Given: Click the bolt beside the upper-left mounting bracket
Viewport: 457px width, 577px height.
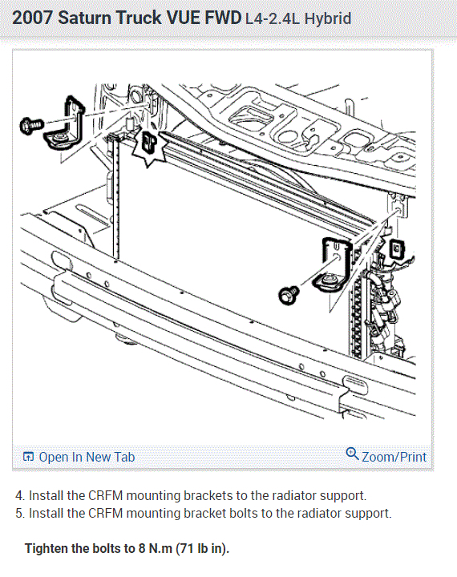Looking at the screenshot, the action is point(31,126).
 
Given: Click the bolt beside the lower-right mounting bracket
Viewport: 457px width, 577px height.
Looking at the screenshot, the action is point(289,295).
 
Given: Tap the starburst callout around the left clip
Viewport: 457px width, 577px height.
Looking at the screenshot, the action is point(149,145).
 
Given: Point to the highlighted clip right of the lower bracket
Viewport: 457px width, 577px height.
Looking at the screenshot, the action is point(397,248).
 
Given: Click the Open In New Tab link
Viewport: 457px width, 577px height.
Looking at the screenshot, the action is point(87,457).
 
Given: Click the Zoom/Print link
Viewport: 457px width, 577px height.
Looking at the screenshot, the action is point(394,457).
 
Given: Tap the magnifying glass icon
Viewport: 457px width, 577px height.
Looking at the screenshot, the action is point(352,454).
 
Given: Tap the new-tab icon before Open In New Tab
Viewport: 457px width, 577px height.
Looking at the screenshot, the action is point(28,457).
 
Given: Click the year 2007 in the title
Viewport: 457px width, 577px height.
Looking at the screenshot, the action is point(32,18).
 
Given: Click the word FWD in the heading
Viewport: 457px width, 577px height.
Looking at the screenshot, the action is point(222,18).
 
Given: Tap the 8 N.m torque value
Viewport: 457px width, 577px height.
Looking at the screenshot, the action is point(156,549).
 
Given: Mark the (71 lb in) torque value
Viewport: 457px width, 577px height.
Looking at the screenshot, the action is point(203,549).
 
